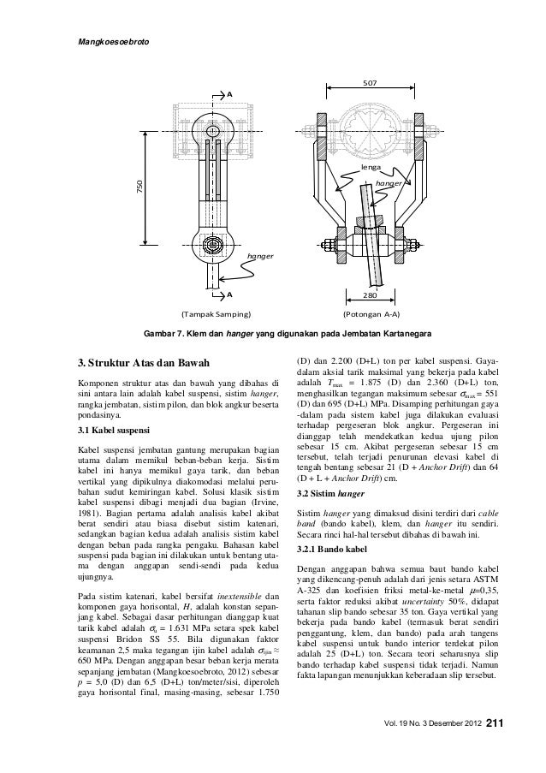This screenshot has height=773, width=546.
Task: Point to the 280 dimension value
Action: pos(369,295)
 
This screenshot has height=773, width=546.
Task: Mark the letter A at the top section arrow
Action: pos(229,92)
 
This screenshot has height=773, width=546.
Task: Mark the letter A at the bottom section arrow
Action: pos(229,294)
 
